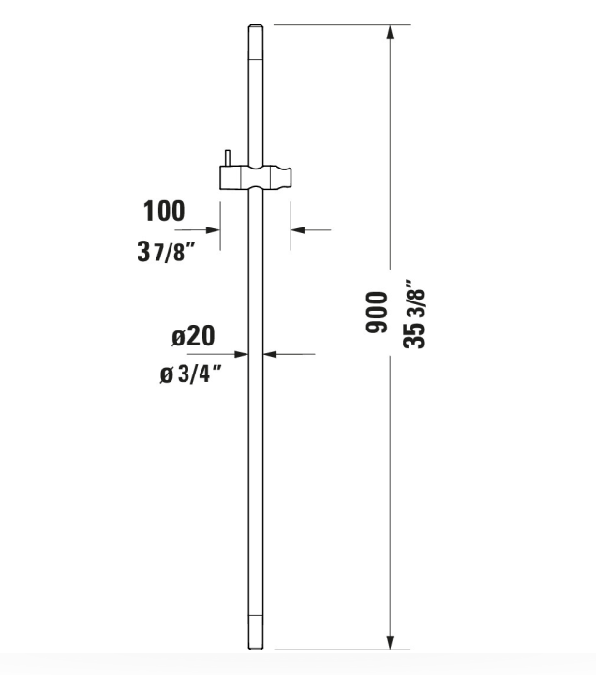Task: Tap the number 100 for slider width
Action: [164, 211]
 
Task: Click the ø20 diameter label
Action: [193, 336]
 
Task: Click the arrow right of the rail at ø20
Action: [273, 353]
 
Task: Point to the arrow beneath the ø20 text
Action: [241, 353]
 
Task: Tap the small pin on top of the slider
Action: [226, 157]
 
